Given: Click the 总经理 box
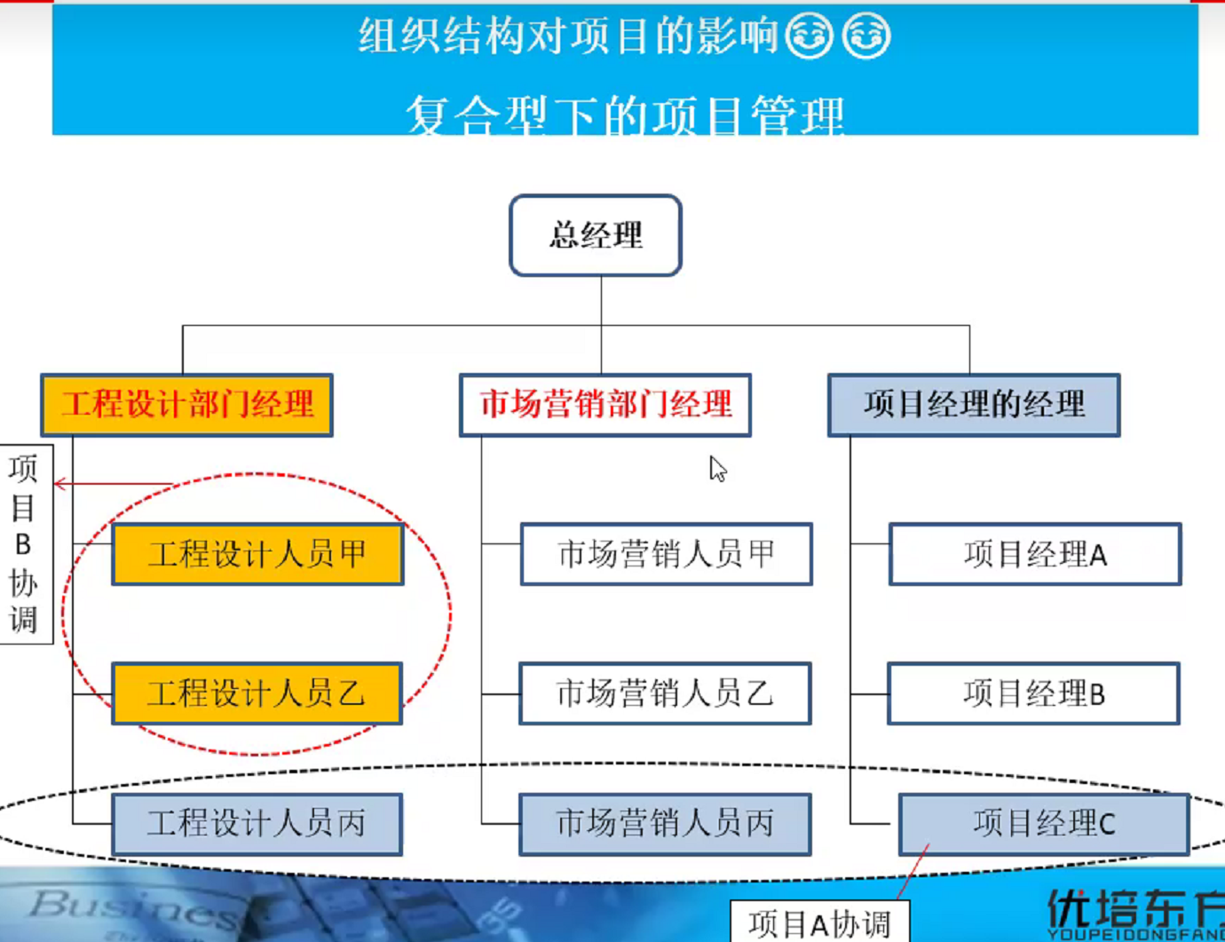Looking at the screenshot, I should pos(596,235).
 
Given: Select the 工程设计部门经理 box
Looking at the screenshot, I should pos(187,405).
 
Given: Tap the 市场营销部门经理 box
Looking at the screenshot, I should pos(605,405).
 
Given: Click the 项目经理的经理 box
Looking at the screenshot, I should pos(974,405).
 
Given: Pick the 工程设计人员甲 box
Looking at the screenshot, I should pos(257,554).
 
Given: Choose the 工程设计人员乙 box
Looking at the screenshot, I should pos(257,693).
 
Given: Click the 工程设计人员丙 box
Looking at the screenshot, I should pos(257,824).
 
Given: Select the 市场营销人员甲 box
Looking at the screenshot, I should pos(666,554).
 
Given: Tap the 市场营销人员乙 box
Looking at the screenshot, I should pos(665,693).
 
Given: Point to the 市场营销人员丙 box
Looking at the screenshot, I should pos(665,824).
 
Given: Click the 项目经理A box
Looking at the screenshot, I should pos(1035,554).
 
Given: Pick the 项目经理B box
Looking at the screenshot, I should pos(1034,693).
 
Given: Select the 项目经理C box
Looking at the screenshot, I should pos(1044,824).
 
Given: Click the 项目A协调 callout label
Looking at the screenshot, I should pos(819,923).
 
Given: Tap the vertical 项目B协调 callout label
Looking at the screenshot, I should pos(24,543).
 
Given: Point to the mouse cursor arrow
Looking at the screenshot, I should pos(717,469).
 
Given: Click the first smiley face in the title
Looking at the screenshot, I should pos(809,36).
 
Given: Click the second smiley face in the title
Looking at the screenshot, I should pos(865,36).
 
